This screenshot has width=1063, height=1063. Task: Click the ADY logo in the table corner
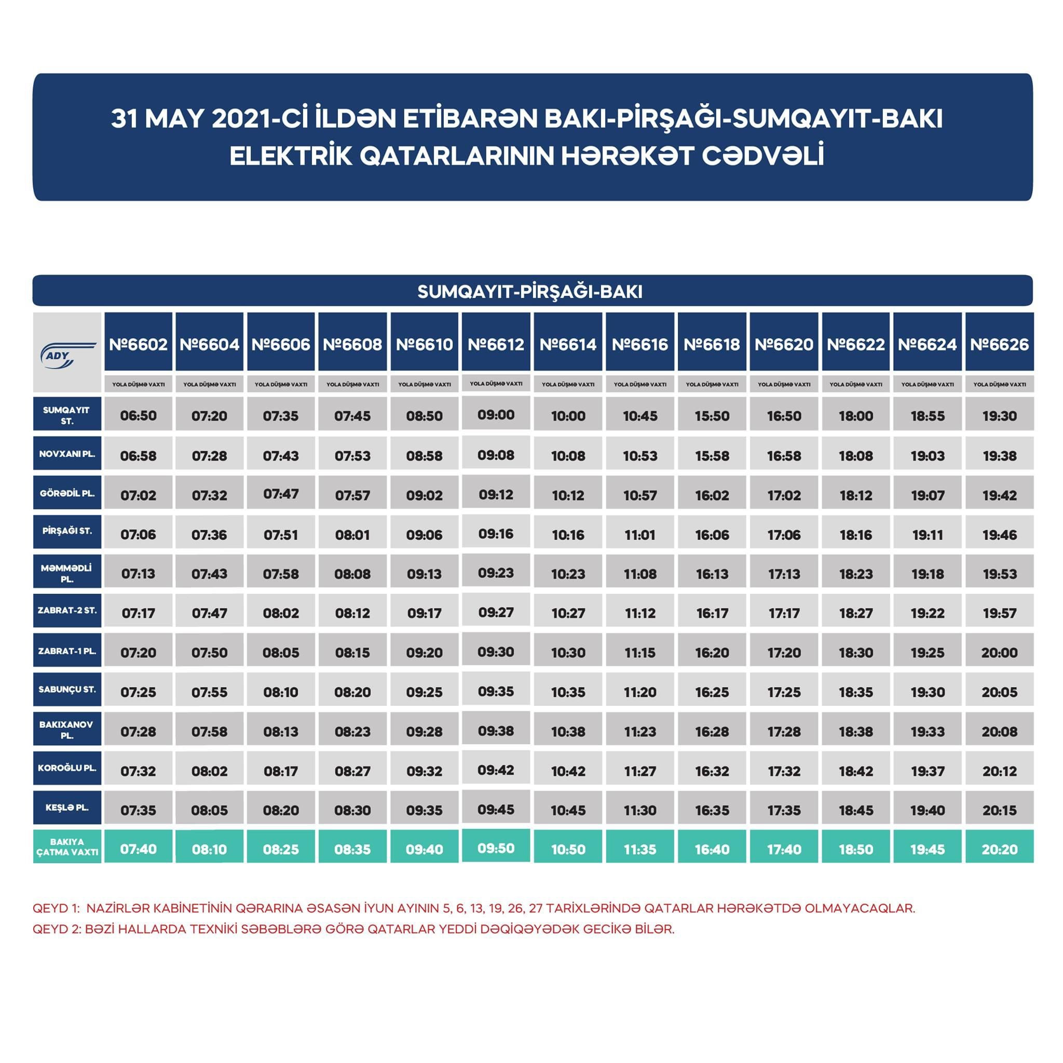tap(67, 352)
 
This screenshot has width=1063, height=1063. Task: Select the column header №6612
tap(496, 344)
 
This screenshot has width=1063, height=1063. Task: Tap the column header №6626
tap(999, 344)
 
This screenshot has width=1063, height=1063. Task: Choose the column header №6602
tap(138, 344)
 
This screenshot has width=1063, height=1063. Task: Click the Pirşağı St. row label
tap(67, 531)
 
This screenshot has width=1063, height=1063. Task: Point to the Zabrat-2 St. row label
tap(67, 610)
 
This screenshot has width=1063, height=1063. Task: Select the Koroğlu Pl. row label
tap(67, 768)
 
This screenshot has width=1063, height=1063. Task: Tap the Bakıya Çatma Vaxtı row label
tap(67, 847)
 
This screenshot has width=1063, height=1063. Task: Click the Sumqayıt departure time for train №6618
tap(712, 415)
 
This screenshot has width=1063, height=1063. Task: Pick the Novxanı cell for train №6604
tap(209, 456)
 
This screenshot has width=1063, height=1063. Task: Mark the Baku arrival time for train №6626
tap(999, 849)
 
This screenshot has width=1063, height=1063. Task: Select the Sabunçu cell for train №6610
tap(424, 691)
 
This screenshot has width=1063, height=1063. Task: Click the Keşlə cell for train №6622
tap(855, 810)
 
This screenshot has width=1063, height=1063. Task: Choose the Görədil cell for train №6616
tap(640, 495)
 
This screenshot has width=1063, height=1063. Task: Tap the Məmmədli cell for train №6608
tap(352, 574)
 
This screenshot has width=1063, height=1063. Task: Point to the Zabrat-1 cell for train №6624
tap(928, 652)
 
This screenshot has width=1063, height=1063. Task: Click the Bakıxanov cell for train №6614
tap(568, 731)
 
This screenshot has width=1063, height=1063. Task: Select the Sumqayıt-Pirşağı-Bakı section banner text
tap(530, 291)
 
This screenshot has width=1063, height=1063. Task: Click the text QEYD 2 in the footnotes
tap(56, 929)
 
